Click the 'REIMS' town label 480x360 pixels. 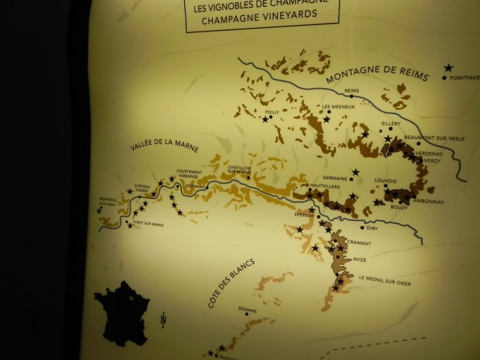point(351,91)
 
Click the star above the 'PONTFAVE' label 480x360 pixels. point(448,67)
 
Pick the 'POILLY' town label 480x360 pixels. point(272,112)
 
